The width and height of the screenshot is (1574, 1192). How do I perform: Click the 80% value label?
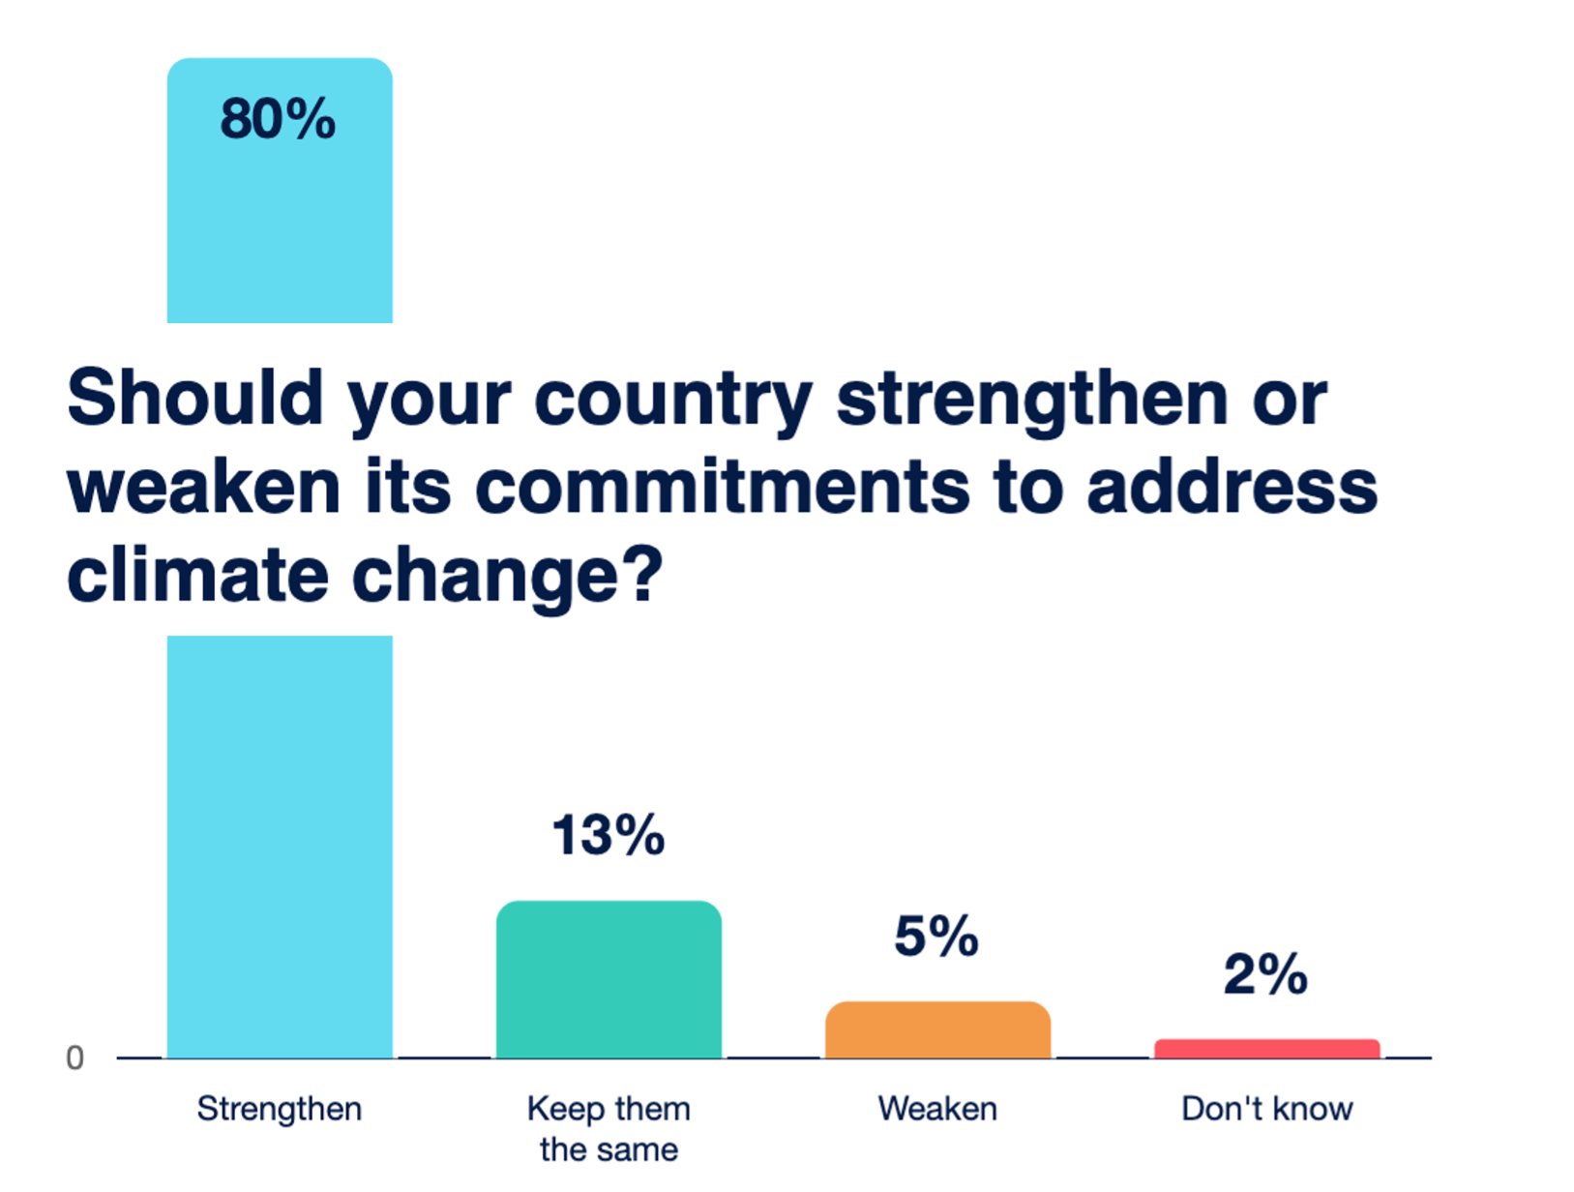(278, 119)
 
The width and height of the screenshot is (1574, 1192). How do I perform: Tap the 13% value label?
(609, 835)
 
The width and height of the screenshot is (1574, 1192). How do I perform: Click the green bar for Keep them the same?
(609, 979)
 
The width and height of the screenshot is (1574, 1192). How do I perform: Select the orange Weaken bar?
(937, 1029)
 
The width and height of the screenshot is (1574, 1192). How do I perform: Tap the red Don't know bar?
(1266, 1049)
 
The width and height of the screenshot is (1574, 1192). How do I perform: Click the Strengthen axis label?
(280, 1109)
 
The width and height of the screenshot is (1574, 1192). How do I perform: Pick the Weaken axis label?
(937, 1109)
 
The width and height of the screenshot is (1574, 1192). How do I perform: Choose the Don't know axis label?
(1266, 1109)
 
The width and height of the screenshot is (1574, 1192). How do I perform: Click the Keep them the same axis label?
(609, 1129)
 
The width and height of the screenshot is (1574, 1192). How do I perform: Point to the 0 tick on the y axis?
(74, 1058)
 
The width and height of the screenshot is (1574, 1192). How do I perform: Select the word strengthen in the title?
(1032, 398)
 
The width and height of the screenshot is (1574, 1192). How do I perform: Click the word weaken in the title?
(204, 487)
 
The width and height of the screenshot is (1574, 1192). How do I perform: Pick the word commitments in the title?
(722, 487)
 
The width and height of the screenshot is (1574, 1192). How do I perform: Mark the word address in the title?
(1232, 487)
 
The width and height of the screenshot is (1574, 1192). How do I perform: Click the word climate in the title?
(198, 576)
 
